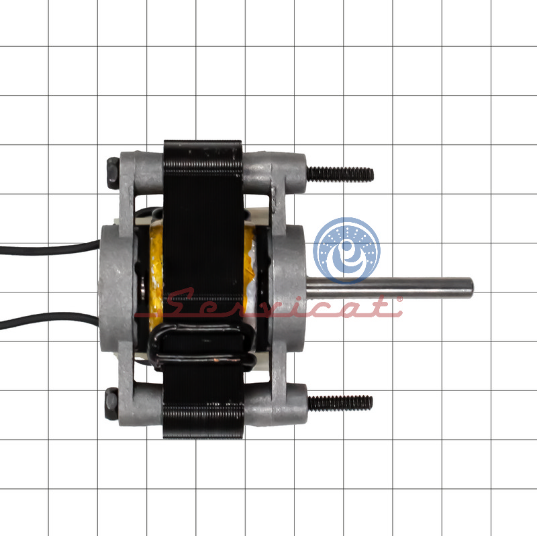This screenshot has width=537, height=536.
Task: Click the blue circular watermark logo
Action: point(346,250)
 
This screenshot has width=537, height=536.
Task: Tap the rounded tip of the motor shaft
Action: point(472,288)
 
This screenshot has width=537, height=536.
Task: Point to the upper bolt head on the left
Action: point(113,173)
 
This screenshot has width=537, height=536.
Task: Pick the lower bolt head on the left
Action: point(111,404)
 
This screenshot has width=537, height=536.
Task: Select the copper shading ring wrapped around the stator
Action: point(202,346)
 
